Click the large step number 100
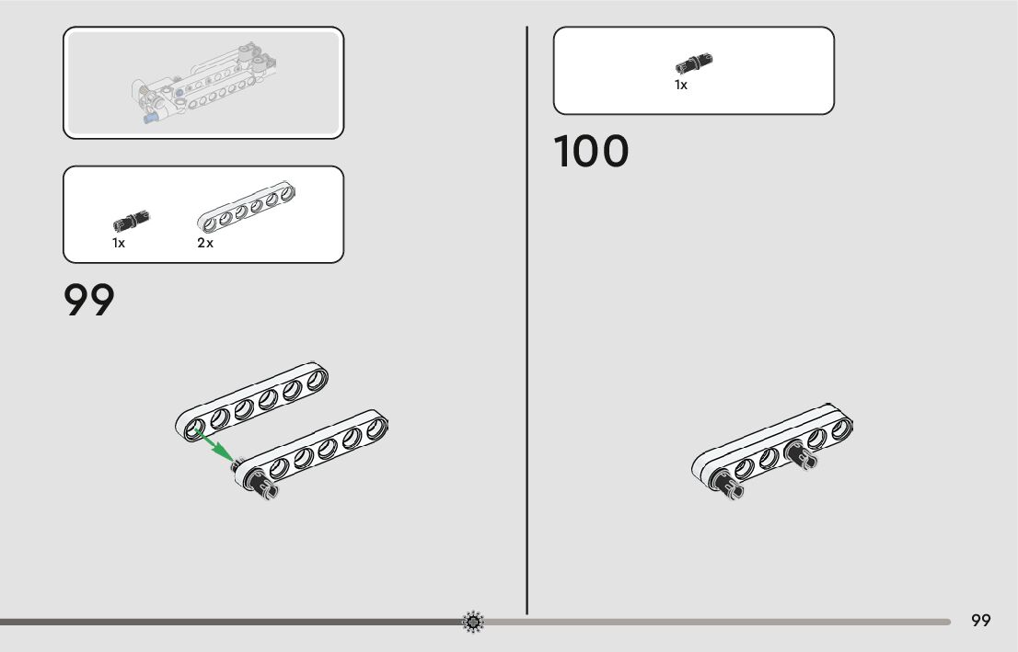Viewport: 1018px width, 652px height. click(592, 153)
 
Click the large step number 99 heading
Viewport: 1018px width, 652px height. click(89, 301)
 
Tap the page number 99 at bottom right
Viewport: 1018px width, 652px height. click(981, 621)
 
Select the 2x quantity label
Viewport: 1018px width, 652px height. click(205, 244)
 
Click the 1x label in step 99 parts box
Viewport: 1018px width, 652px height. click(119, 244)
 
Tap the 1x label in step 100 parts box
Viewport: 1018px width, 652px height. click(681, 86)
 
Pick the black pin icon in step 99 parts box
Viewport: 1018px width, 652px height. click(132, 221)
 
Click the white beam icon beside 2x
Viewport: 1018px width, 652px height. click(249, 207)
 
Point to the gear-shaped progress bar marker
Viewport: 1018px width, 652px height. click(473, 623)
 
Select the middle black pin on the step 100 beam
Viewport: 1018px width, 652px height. click(800, 454)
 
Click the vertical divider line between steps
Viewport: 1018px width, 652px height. click(527, 322)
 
